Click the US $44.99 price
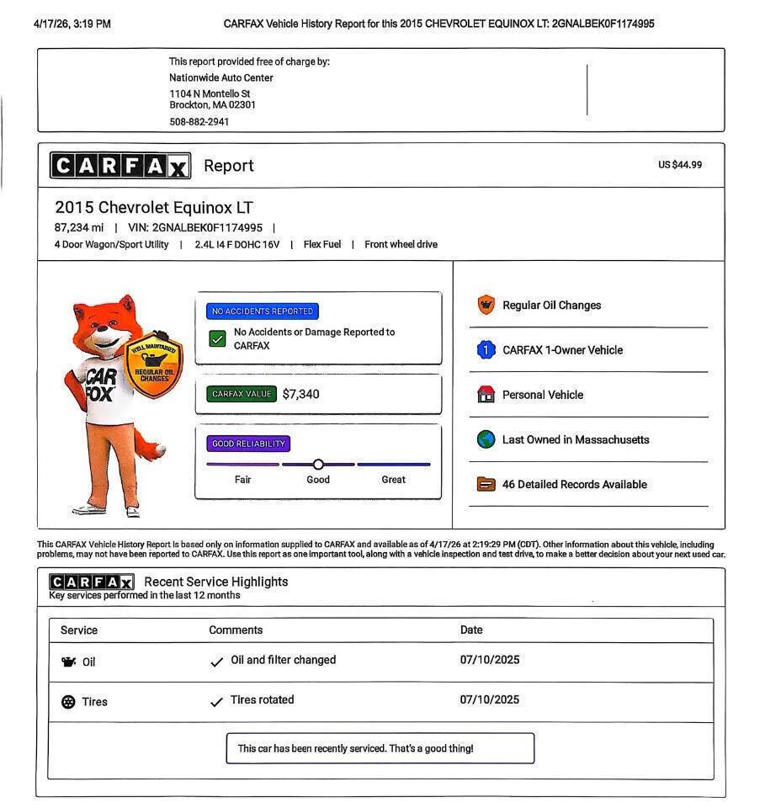[679, 165]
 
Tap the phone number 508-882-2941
[199, 122]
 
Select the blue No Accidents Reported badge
[263, 311]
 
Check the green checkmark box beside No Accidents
[217, 338]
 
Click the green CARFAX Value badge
[242, 394]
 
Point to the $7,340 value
[301, 394]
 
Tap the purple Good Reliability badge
[248, 444]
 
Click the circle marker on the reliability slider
[318, 465]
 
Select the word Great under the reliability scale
[393, 480]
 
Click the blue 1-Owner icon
[486, 350]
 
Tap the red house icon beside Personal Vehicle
[486, 395]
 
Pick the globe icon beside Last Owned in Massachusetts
[486, 439]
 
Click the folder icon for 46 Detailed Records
[486, 484]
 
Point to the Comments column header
[236, 630]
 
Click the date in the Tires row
[489, 700]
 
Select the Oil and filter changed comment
[283, 661]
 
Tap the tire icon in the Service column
[68, 702]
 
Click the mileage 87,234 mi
[79, 228]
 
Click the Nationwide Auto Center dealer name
[220, 78]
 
